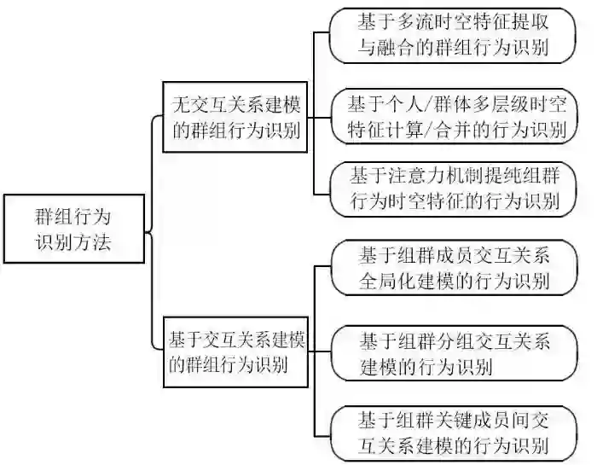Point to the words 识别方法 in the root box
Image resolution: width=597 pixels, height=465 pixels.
73,242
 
